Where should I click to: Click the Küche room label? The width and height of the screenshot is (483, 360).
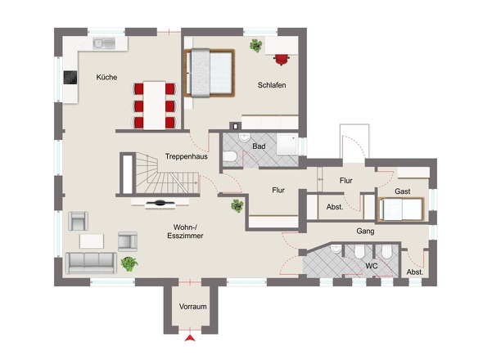pyautogui.click(x=106, y=77)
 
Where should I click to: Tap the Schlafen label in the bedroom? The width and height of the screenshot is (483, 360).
pyautogui.click(x=272, y=85)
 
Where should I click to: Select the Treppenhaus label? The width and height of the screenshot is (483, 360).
pyautogui.click(x=187, y=156)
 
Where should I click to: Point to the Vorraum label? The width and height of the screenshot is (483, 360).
pyautogui.click(x=193, y=307)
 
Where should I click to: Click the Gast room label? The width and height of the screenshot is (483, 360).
pyautogui.click(x=402, y=191)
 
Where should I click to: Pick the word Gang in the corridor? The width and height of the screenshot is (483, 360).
pyautogui.click(x=365, y=231)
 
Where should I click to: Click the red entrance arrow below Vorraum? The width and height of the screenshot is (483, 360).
pyautogui.click(x=190, y=338)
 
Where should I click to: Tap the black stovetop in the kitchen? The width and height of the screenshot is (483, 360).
pyautogui.click(x=70, y=77)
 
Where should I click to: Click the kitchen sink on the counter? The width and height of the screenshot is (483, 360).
pyautogui.click(x=104, y=43)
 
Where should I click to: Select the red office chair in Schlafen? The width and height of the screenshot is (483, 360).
pyautogui.click(x=282, y=60)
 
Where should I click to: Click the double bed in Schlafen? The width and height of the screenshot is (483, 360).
pyautogui.click(x=210, y=73)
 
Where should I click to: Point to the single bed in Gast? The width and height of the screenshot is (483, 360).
pyautogui.click(x=401, y=209)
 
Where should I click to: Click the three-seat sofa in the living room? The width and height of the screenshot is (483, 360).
pyautogui.click(x=91, y=263)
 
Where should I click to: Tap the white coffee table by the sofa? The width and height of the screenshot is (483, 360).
pyautogui.click(x=92, y=241)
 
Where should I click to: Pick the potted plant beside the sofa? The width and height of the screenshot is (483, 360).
pyautogui.click(x=129, y=264)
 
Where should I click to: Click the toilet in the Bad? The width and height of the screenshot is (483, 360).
pyautogui.click(x=229, y=157)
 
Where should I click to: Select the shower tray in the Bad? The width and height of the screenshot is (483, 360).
pyautogui.click(x=287, y=144)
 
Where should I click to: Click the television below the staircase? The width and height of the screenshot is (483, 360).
pyautogui.click(x=160, y=203)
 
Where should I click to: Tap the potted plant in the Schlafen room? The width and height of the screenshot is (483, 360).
pyautogui.click(x=256, y=45)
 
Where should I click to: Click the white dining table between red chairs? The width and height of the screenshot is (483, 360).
pyautogui.click(x=155, y=106)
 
